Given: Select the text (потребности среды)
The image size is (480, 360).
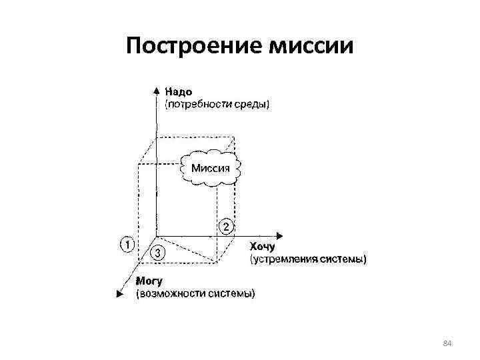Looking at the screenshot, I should [x=217, y=105].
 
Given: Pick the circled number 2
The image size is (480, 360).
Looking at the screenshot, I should [x=227, y=227].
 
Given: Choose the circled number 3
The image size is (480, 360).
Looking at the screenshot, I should [x=158, y=253].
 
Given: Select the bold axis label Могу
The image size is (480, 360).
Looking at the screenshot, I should [x=149, y=281].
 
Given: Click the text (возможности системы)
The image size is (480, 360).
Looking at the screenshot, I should [x=195, y=293].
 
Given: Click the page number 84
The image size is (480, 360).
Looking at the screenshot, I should [x=447, y=343].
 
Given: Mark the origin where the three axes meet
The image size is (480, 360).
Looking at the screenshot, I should [x=155, y=236].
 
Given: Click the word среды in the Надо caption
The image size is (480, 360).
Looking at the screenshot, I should [x=254, y=105].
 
